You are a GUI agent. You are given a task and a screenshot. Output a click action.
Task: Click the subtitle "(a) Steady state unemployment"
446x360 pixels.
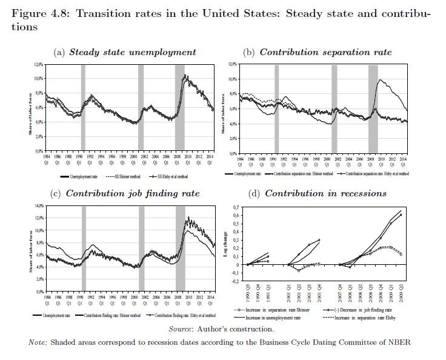(125, 53)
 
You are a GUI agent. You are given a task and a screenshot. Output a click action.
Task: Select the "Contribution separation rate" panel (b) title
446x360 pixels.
(317, 53)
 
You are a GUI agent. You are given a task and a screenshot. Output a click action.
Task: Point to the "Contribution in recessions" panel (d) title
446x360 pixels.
(317, 194)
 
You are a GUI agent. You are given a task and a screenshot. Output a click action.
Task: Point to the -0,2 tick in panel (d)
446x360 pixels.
(235, 281)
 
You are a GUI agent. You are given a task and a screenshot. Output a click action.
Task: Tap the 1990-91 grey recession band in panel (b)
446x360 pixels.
(276, 108)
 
